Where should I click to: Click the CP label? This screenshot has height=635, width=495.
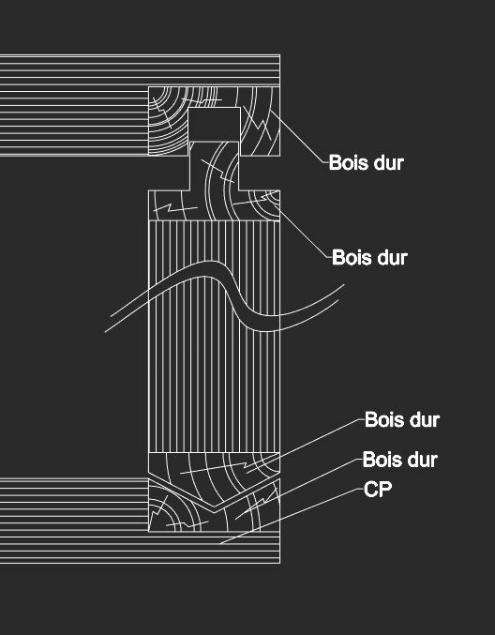378,490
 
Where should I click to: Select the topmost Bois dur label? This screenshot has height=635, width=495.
367,163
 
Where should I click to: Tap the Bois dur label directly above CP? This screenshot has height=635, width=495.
400,460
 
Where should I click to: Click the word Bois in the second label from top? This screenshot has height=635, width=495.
349,258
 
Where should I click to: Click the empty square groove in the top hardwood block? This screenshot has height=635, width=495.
215,125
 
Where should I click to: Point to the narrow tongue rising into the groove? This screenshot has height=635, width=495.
214,166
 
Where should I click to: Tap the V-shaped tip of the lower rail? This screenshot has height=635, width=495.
214,506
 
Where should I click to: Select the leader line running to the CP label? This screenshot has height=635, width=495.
292,516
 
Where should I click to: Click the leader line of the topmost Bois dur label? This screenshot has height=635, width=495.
299,136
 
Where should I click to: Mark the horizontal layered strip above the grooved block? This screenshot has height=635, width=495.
140,70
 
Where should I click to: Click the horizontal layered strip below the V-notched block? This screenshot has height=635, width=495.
140,547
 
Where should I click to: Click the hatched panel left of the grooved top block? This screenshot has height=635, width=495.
74,121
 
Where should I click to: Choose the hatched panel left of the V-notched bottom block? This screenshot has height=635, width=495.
74,505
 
